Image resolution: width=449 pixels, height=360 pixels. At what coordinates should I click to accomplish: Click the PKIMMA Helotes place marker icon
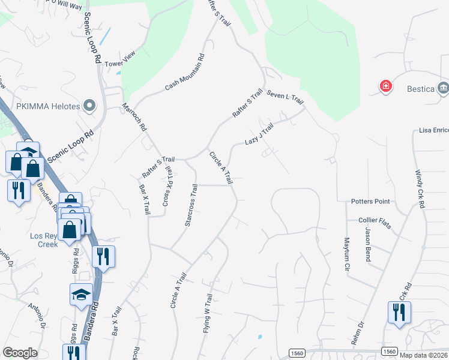point(90,106)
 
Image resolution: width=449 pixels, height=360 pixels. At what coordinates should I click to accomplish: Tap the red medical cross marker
point(385,88)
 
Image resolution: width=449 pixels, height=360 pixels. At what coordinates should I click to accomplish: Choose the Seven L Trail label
point(286,98)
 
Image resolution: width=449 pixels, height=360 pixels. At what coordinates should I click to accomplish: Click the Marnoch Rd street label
point(134,117)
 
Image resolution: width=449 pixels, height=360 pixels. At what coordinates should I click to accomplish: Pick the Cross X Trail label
point(168,191)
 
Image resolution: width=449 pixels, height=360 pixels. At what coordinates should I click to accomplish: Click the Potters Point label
point(370,201)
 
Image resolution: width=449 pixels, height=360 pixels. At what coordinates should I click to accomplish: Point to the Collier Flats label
point(375,223)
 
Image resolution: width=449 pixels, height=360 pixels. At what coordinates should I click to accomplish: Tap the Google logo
point(20,353)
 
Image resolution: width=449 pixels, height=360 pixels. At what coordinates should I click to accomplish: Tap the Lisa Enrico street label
point(433,130)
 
